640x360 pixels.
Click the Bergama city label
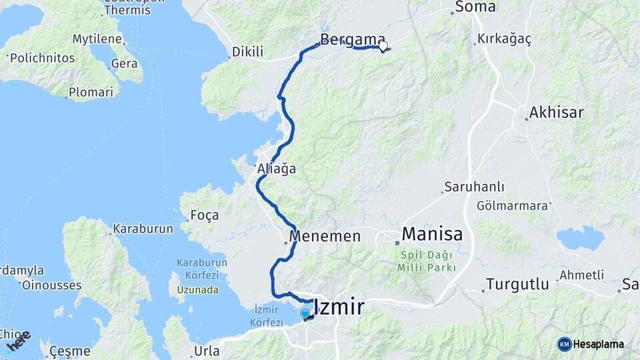point(353,39)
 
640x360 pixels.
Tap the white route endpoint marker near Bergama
point(383,46)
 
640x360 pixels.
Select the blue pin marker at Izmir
point(305,314)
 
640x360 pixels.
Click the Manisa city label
point(432,235)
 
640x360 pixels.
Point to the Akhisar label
point(556,112)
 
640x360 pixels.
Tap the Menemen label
point(325,236)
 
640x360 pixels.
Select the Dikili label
point(247,52)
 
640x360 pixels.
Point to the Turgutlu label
point(517,285)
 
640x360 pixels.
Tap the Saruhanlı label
point(475,188)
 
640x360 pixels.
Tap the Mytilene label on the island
point(97,39)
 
